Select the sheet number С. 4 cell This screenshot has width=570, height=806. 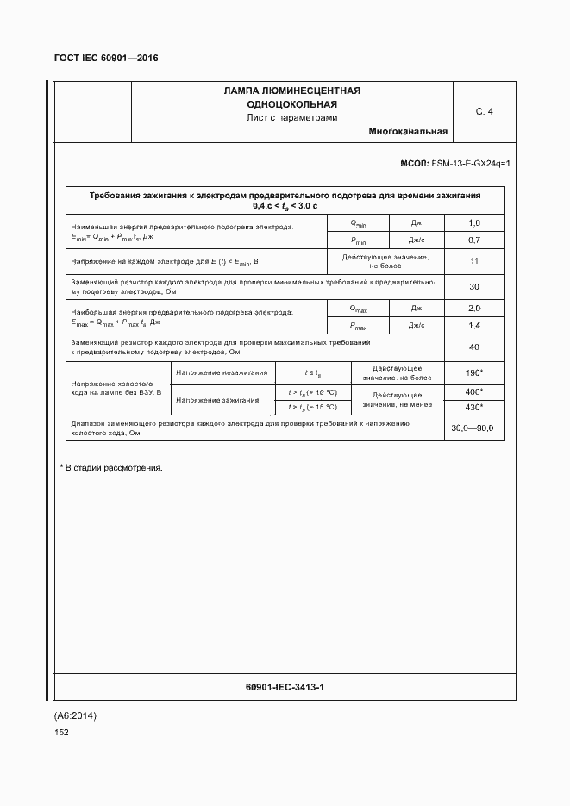(x=484, y=111)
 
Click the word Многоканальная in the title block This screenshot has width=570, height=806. (x=407, y=132)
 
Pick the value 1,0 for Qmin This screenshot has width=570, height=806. (x=473, y=223)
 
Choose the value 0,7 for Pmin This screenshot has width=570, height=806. (x=473, y=240)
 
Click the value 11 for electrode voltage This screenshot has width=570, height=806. (x=473, y=261)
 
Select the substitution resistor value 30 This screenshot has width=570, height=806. (x=473, y=286)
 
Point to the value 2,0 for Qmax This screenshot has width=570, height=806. (x=473, y=309)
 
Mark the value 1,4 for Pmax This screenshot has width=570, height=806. (x=473, y=326)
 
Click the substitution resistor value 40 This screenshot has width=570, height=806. (x=473, y=347)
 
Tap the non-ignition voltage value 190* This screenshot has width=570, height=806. (x=473, y=373)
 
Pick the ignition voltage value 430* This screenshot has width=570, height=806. (x=473, y=408)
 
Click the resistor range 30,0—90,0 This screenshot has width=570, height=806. (x=473, y=428)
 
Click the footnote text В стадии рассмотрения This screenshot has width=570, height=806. (x=113, y=467)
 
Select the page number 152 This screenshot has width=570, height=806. (x=61, y=732)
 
